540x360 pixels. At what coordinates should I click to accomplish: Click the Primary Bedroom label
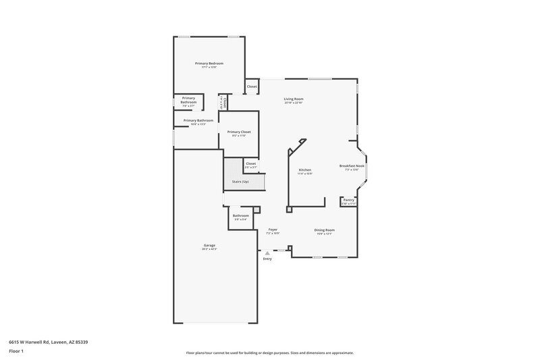(x=209, y=63)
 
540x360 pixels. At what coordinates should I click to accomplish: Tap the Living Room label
(x=293, y=99)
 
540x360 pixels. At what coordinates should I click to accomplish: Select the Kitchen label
(x=305, y=170)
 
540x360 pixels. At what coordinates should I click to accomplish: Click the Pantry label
(x=348, y=200)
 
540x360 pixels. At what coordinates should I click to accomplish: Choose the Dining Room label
(x=324, y=230)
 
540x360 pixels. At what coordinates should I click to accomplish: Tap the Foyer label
(x=273, y=230)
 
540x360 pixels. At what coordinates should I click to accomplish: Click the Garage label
(x=209, y=245)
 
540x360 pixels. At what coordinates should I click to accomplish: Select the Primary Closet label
(x=239, y=132)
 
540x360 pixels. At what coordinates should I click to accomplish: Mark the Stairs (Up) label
(x=240, y=182)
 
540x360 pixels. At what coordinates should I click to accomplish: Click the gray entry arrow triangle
(x=267, y=253)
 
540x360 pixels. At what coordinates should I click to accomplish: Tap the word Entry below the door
(x=267, y=259)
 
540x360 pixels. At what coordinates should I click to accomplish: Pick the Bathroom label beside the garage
(x=241, y=215)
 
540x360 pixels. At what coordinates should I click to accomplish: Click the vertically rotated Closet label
(x=223, y=102)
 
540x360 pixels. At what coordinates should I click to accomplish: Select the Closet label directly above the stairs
(x=250, y=163)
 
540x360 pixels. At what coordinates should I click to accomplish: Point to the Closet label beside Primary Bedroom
(x=252, y=86)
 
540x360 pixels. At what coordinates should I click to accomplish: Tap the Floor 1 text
(x=17, y=352)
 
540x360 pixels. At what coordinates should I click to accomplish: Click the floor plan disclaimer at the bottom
(x=269, y=353)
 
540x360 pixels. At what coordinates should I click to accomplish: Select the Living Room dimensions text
(x=293, y=103)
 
